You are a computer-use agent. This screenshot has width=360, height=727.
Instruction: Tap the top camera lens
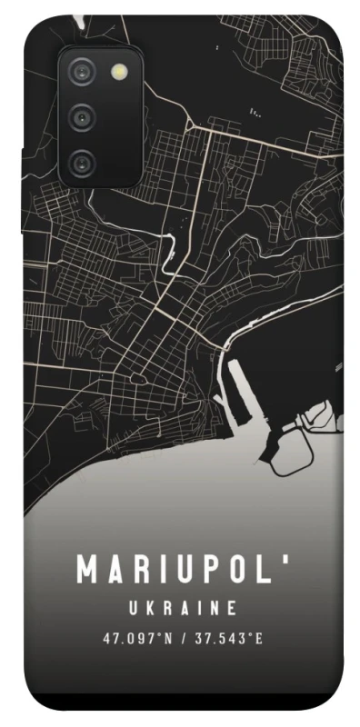(x=83, y=70)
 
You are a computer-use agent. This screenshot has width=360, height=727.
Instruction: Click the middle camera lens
(x=83, y=116)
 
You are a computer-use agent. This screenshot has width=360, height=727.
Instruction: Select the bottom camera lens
(x=83, y=163)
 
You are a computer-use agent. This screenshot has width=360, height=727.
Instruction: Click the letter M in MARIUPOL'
(x=87, y=570)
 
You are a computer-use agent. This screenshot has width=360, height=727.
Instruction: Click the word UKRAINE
(x=180, y=606)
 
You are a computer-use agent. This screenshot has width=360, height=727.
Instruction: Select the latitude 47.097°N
(x=135, y=638)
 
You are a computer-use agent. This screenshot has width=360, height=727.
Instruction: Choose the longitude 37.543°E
(x=226, y=638)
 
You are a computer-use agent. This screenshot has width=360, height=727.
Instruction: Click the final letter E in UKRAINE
(x=233, y=606)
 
